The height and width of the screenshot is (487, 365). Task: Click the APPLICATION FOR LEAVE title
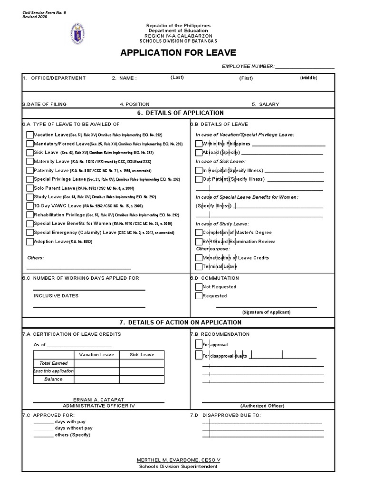tap(178, 52)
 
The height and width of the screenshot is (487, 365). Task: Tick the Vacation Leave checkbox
tap(30, 135)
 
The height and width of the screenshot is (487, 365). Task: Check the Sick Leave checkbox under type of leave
tap(30, 153)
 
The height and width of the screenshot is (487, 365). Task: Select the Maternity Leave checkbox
tap(30, 161)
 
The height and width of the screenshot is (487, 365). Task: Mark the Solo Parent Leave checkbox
tap(30, 188)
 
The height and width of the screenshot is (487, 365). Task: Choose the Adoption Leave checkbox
tap(30, 242)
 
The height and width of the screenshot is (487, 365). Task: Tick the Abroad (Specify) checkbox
tap(199, 153)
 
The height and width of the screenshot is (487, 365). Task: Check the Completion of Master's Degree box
tap(199, 232)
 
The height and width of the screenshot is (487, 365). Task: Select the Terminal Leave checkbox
tap(199, 267)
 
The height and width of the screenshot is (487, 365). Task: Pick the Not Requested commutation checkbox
tap(199, 287)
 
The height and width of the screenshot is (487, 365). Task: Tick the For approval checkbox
tap(199, 344)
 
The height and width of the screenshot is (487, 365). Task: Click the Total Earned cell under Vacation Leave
tap(96, 363)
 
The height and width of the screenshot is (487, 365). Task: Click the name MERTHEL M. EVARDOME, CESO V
tap(178, 460)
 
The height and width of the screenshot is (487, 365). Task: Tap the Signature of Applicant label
tap(266, 312)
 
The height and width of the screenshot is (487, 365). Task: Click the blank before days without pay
tap(43, 428)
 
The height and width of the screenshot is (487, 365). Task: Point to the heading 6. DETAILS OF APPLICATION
tap(180, 113)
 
